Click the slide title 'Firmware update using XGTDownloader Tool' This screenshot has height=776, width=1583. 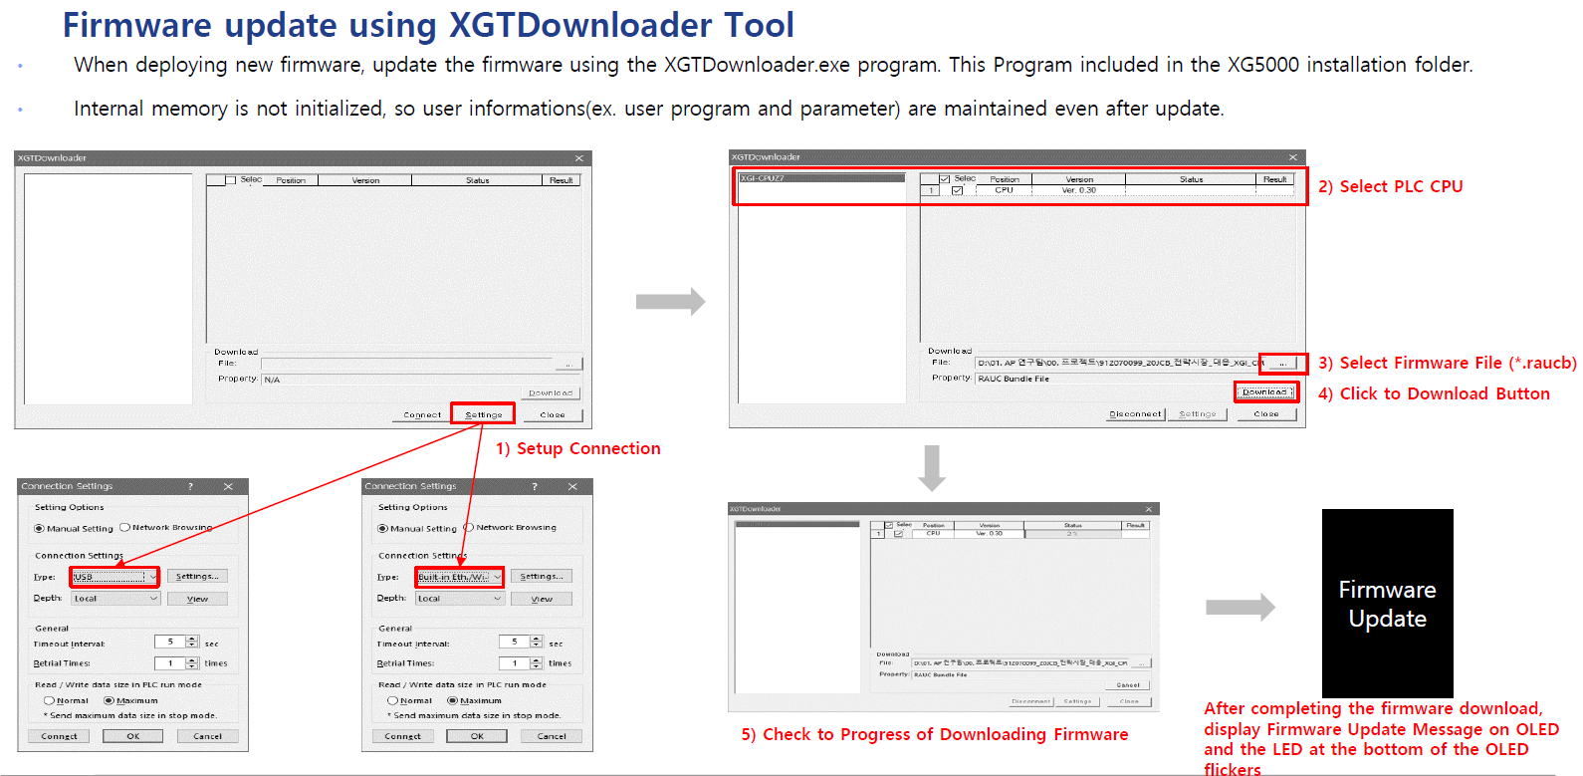click(x=428, y=25)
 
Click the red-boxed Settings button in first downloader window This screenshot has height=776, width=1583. click(x=483, y=414)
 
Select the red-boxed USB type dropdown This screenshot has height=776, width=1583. click(x=114, y=577)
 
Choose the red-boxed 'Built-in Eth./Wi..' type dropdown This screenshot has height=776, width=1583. click(x=459, y=577)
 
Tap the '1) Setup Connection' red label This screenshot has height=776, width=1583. click(x=577, y=449)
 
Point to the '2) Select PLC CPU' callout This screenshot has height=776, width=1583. click(x=1390, y=187)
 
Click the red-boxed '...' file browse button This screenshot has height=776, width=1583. click(x=1282, y=364)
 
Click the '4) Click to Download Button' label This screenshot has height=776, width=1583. click(x=1434, y=394)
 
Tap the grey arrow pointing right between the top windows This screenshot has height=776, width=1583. click(x=670, y=301)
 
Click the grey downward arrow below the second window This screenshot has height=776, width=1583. click(x=932, y=467)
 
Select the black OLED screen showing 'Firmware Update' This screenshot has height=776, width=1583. click(x=1387, y=604)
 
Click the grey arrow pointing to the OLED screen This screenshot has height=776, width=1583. click(x=1240, y=607)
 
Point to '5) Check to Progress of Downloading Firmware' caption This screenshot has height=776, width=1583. click(x=934, y=735)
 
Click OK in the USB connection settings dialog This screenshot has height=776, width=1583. click(x=132, y=736)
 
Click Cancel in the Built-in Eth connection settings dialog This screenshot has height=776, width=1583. click(x=552, y=736)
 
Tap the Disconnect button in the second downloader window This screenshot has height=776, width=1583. click(x=1135, y=414)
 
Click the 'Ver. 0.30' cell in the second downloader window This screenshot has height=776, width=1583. click(x=1078, y=190)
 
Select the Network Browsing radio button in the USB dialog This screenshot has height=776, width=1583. click(x=125, y=528)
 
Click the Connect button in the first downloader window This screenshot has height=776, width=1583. click(x=422, y=414)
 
